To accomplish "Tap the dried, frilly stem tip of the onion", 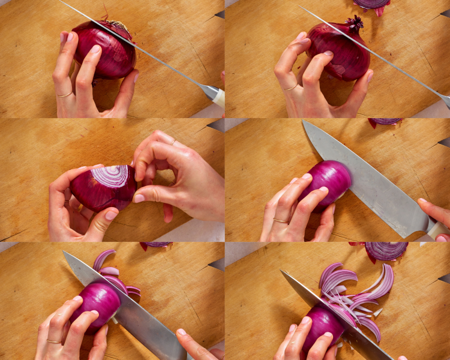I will coord(355,24).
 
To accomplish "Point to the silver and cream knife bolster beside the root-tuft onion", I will coord(215,94).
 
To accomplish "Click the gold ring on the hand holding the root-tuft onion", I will coord(65,94).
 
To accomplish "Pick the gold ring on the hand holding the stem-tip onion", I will coord(291,88).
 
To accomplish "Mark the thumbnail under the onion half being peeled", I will coord(112,214).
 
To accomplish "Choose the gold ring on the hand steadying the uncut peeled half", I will coord(281,221).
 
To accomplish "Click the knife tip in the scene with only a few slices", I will coord(65,253).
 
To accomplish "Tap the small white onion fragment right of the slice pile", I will coord(377,312).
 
